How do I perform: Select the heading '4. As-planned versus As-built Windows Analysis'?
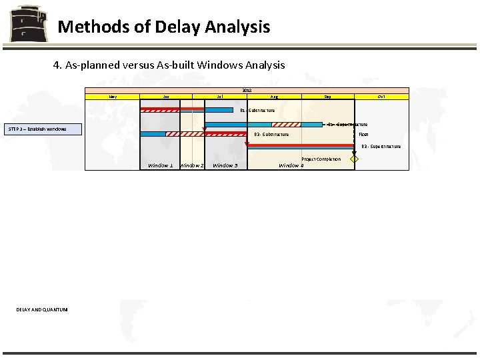pyautogui.click(x=169, y=65)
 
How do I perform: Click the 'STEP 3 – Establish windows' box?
pyautogui.click(x=43, y=129)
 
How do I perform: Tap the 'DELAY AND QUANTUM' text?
pyautogui.click(x=42, y=309)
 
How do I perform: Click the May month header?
pyautogui.click(x=113, y=97)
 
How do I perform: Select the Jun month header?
pyautogui.click(x=166, y=97)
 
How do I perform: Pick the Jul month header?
pyautogui.click(x=220, y=97)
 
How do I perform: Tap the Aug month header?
pyautogui.click(x=274, y=97)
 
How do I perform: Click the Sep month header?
pyautogui.click(x=327, y=97)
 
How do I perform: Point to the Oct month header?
pyautogui.click(x=381, y=97)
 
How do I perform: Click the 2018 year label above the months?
pyautogui.click(x=247, y=90)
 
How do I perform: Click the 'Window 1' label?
pyautogui.click(x=161, y=165)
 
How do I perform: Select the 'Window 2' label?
pyautogui.click(x=192, y=165)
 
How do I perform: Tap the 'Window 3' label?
pyautogui.click(x=225, y=165)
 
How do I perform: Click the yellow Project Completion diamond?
pyautogui.click(x=355, y=159)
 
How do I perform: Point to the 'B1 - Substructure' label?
pyautogui.click(x=257, y=110)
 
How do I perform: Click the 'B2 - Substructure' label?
pyautogui.click(x=271, y=135)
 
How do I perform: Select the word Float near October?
pyautogui.click(x=363, y=135)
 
